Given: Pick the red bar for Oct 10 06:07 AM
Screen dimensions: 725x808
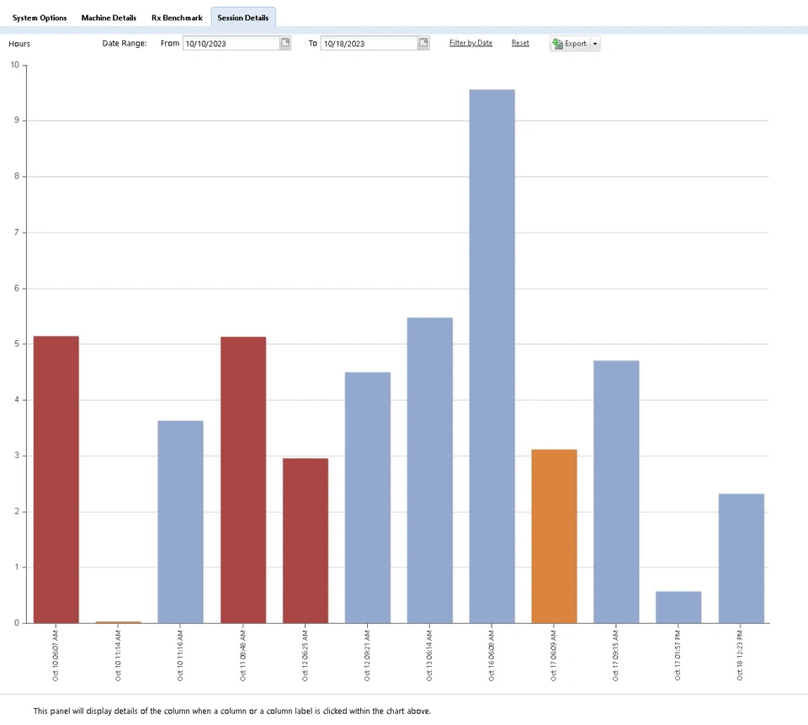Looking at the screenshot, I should click(56, 479).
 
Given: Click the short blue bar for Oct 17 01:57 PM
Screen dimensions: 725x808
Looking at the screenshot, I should click(678, 606).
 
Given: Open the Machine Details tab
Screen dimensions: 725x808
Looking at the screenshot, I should click(109, 18).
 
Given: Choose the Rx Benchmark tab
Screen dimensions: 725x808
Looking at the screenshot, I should click(177, 18).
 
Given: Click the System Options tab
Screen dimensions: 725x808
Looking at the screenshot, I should click(40, 18).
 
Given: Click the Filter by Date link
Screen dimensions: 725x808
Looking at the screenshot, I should click(470, 43).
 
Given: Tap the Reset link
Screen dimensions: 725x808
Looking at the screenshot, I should click(520, 43).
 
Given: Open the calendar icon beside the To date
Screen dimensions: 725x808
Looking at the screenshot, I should click(423, 43).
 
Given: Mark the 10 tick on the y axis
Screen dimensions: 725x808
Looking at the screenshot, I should click(15, 65).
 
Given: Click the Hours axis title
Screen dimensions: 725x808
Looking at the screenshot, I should click(19, 44).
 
